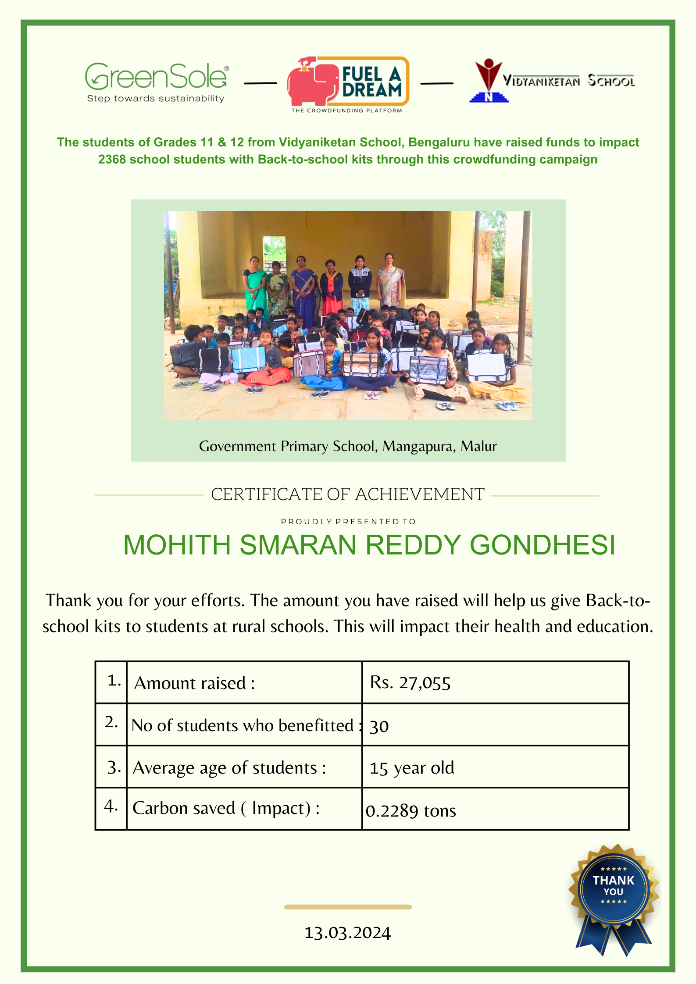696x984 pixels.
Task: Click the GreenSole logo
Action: [x=157, y=82]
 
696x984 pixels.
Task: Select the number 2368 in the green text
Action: [x=112, y=160]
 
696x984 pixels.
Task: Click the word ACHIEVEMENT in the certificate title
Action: [x=419, y=494]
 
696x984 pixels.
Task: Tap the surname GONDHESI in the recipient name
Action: [x=542, y=545]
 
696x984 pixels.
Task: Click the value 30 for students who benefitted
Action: [x=379, y=726]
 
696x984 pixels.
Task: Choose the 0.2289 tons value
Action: [x=410, y=811]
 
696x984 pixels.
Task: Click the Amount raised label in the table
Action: [x=194, y=683]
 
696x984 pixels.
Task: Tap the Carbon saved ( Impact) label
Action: [x=226, y=808]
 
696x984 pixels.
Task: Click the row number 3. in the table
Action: [x=113, y=767]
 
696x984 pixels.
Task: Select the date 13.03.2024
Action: [x=347, y=933]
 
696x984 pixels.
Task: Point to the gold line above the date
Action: [x=347, y=907]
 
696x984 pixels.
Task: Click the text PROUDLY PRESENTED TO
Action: [x=348, y=522]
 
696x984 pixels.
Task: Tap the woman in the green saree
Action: [x=255, y=285]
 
